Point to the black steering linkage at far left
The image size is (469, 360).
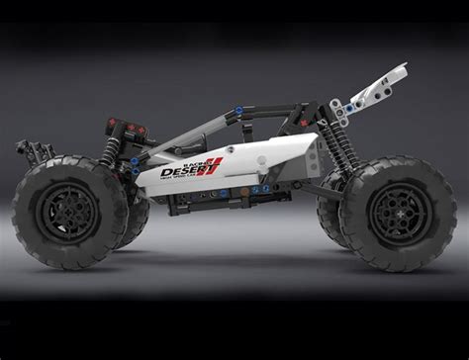(x=34, y=150)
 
